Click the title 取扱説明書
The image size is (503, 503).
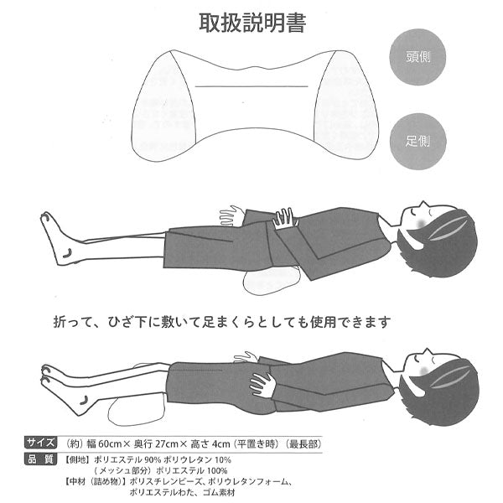[x=252, y=23]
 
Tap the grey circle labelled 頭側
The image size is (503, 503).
[x=417, y=57]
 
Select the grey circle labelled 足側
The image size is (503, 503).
[x=417, y=141]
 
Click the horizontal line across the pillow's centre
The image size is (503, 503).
[x=251, y=86]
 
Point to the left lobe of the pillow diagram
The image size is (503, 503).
[x=163, y=106]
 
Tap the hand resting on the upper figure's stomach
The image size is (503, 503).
[x=283, y=218]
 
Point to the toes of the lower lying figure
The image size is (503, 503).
[x=48, y=375]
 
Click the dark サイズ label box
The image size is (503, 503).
[x=41, y=443]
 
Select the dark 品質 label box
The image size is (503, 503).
[x=41, y=459]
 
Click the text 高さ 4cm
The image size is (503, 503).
[x=210, y=444]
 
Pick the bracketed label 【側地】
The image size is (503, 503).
[x=76, y=459]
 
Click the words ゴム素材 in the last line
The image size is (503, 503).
[x=220, y=492]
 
